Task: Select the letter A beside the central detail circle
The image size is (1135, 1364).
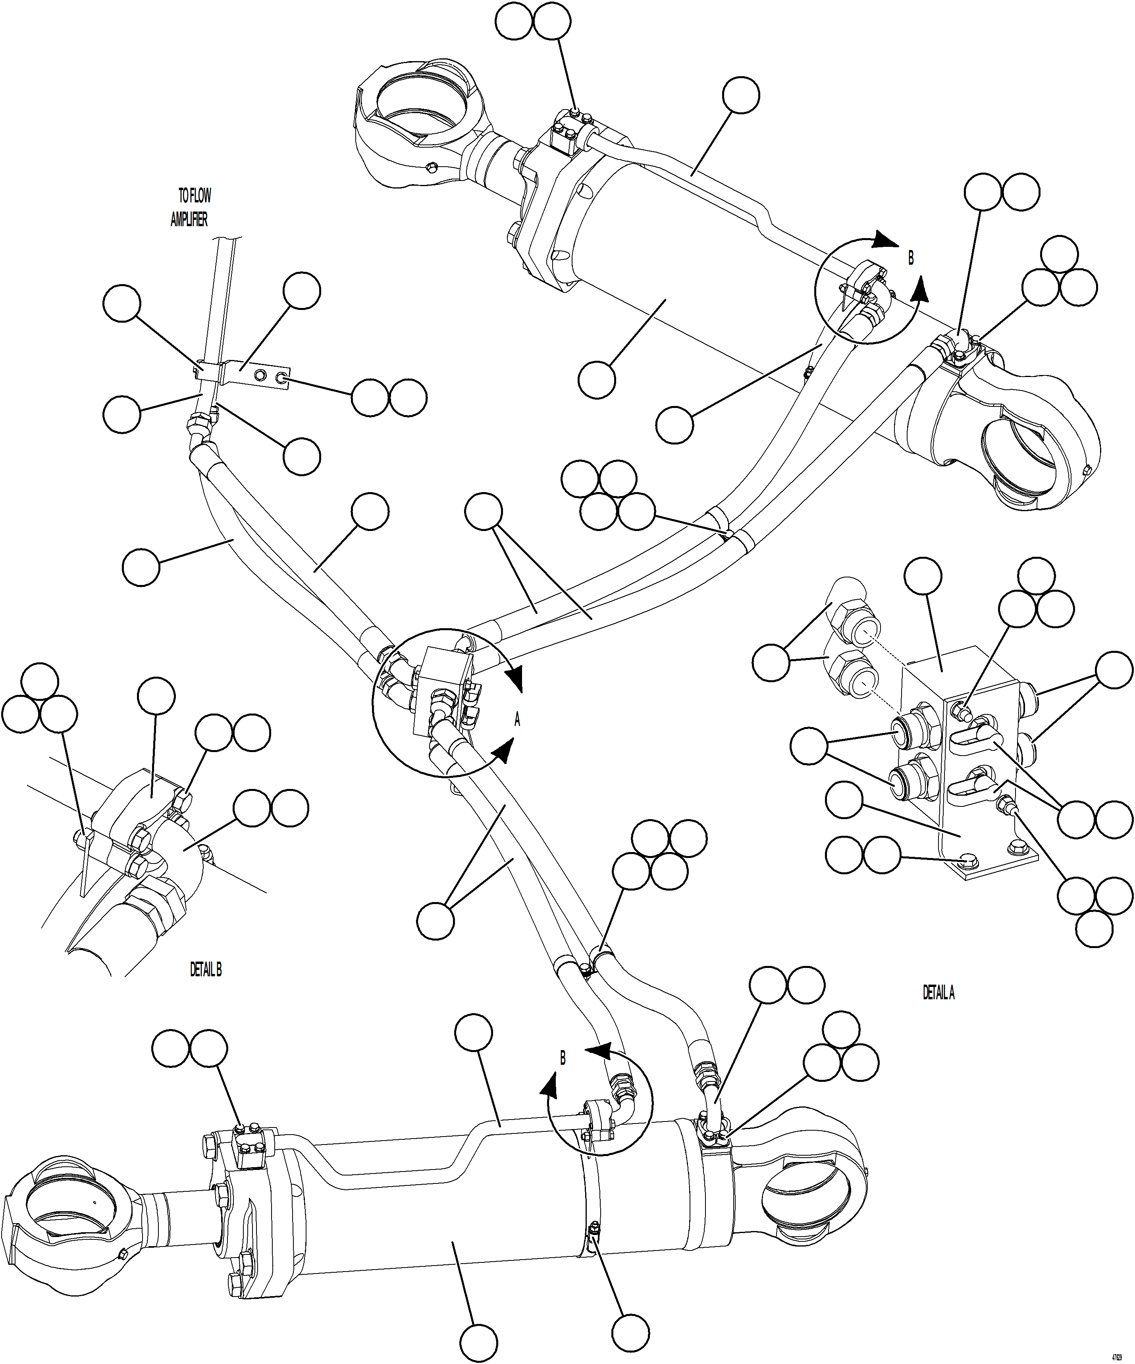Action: [517, 720]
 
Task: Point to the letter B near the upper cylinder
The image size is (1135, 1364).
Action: [911, 258]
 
